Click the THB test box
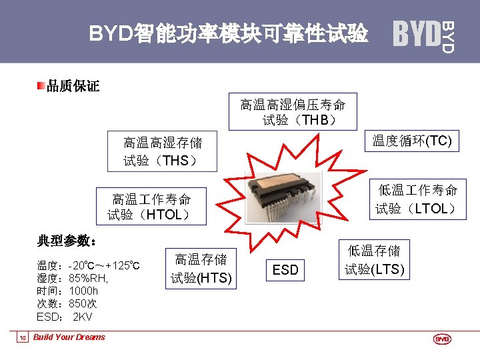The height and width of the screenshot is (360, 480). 293,111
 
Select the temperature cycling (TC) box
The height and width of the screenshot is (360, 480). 411,141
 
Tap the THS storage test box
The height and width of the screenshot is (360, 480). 162,151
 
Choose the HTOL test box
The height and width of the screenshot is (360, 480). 151,207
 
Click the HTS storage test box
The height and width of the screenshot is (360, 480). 201,269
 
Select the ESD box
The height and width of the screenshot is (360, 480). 285,269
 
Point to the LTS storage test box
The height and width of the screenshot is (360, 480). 374,260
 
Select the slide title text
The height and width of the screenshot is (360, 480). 228,33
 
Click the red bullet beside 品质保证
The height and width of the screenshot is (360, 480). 41,85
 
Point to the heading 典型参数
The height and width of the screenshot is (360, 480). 67,240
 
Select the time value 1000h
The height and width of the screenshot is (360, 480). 83,291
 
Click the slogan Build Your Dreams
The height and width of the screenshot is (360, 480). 69,337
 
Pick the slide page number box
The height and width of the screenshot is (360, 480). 22,338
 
